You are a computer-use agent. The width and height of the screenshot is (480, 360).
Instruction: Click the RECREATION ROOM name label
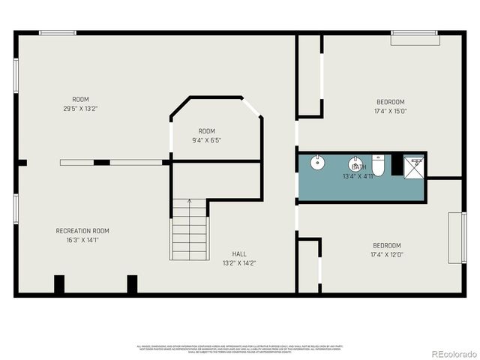[82, 230]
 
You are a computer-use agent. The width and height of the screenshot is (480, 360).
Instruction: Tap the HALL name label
[239, 253]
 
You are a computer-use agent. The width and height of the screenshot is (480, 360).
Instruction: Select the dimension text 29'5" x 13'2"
[80, 109]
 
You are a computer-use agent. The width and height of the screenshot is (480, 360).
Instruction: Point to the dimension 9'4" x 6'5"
[206, 140]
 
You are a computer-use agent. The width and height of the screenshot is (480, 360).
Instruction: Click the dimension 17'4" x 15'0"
[390, 112]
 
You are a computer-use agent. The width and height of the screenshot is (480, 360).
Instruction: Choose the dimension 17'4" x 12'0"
[386, 255]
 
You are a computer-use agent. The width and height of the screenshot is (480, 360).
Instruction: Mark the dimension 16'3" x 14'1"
[82, 240]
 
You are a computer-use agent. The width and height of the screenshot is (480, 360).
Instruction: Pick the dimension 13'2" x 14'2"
[239, 263]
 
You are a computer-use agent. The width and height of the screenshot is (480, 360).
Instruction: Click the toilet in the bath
[378, 165]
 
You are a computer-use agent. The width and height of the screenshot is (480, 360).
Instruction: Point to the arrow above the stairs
[189, 201]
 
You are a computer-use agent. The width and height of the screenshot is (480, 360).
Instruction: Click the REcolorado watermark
[448, 353]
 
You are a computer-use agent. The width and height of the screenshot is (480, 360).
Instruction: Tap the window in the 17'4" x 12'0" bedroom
[454, 238]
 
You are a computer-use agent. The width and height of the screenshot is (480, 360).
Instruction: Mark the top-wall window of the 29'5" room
[58, 32]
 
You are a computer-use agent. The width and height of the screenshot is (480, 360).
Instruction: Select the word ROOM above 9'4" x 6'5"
[206, 131]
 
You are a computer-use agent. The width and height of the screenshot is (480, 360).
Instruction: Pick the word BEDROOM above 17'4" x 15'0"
[390, 102]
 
